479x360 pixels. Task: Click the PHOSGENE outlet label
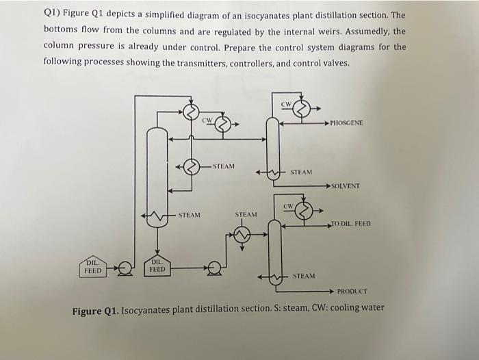coord(347,123)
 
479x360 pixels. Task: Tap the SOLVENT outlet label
coord(345,185)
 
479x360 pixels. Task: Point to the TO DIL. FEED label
coord(351,223)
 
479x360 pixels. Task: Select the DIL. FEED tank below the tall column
coord(157,266)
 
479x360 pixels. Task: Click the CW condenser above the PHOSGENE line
coord(302,108)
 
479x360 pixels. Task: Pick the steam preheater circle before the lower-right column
coord(242,235)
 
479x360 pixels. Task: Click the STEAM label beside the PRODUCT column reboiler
coord(304,276)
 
